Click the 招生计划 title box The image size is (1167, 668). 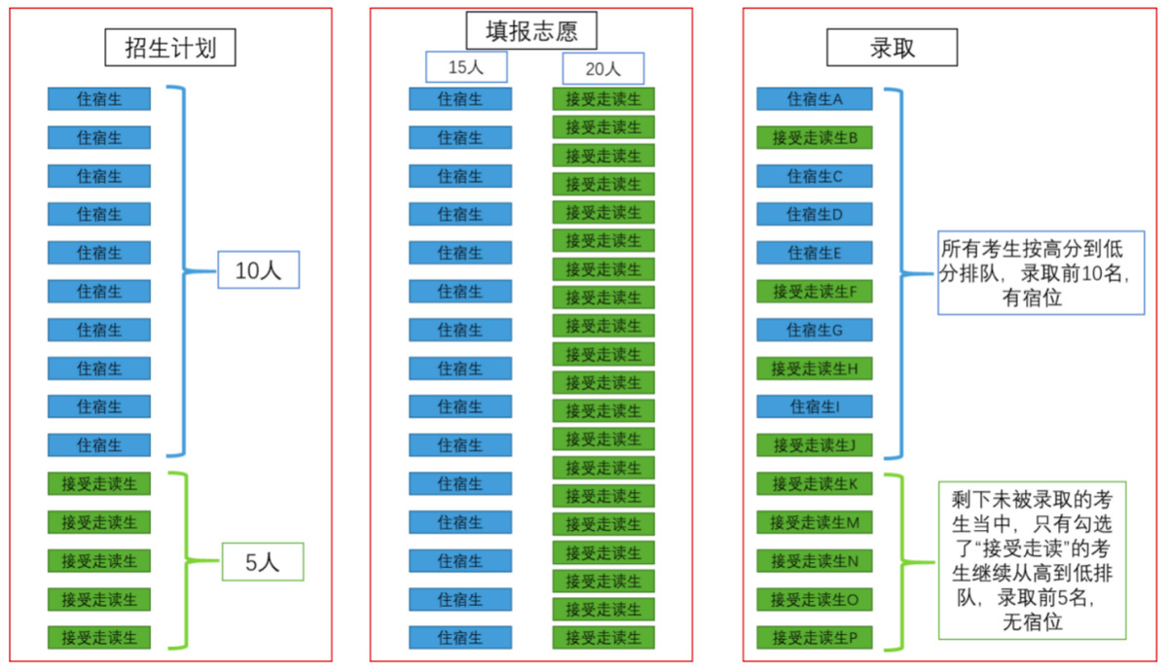[170, 48]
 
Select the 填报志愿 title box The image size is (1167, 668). [531, 30]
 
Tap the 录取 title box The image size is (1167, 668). [892, 48]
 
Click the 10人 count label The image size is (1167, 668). [258, 270]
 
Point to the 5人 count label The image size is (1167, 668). [263, 562]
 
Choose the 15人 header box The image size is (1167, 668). [466, 67]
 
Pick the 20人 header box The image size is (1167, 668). [602, 68]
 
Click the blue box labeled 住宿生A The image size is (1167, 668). [815, 99]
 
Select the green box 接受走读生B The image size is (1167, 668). [815, 138]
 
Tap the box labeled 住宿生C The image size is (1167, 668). [815, 176]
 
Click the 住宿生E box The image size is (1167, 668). [815, 253]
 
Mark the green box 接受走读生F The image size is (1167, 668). [815, 292]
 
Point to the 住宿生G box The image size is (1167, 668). [815, 330]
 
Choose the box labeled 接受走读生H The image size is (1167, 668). [815, 369]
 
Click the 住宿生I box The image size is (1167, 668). [815, 406]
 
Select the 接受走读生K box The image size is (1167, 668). [815, 484]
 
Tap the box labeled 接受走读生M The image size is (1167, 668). [815, 523]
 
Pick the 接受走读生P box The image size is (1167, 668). [815, 638]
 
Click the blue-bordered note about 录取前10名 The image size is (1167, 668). [1041, 273]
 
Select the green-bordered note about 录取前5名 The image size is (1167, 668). [1033, 561]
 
